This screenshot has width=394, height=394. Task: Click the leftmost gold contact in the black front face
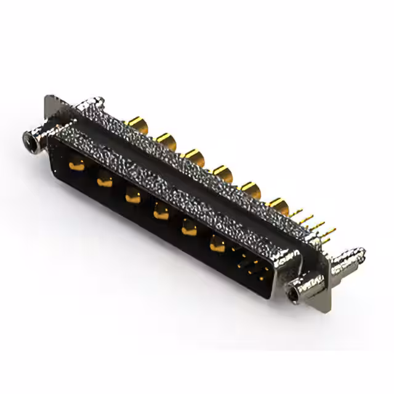[x=77, y=164]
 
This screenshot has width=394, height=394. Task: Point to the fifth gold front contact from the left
[x=188, y=229]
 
